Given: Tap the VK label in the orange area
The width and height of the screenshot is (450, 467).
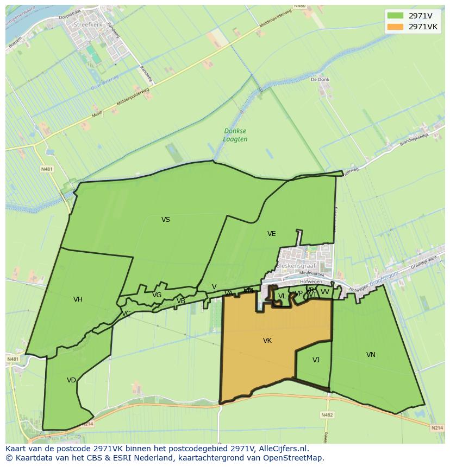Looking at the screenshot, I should [267, 341].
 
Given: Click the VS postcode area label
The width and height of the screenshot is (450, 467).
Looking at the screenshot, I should [166, 220].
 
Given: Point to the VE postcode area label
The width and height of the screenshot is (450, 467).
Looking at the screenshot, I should [271, 234].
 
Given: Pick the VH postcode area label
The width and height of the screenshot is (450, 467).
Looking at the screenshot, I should [78, 299].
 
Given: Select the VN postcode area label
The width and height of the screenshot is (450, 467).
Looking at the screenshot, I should [371, 355].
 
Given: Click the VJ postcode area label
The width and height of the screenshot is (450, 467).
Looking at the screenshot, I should [316, 360].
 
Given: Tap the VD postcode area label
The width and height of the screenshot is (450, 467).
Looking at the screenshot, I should [71, 380].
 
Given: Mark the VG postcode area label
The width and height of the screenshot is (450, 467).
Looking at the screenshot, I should [157, 295].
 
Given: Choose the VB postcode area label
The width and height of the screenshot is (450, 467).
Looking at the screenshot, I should [181, 301].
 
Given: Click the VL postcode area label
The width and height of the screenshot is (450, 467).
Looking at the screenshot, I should [282, 296].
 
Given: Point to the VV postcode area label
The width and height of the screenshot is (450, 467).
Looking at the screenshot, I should [324, 292].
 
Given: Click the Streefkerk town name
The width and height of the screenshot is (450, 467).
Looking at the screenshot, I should [89, 24].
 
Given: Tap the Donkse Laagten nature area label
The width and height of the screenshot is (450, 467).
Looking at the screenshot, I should [235, 135].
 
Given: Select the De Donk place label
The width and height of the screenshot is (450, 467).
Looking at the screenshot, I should [320, 79].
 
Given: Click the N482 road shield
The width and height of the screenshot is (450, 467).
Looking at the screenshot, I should [327, 415].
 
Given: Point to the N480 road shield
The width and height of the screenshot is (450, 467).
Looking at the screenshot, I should [299, 6].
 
